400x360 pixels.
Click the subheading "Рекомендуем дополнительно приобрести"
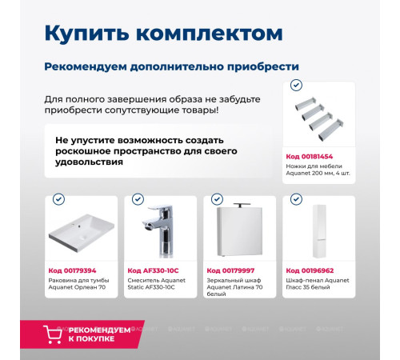(171, 67)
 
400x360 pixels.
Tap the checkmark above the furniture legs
(296, 85)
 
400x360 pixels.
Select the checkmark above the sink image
(58, 199)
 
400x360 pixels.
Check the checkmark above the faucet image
(137, 199)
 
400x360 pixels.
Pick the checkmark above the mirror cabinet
(215, 199)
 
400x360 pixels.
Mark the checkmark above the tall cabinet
(295, 199)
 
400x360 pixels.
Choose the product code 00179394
(71, 270)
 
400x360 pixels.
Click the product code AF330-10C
(153, 270)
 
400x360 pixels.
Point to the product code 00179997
(230, 270)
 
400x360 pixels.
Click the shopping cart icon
(52, 334)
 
